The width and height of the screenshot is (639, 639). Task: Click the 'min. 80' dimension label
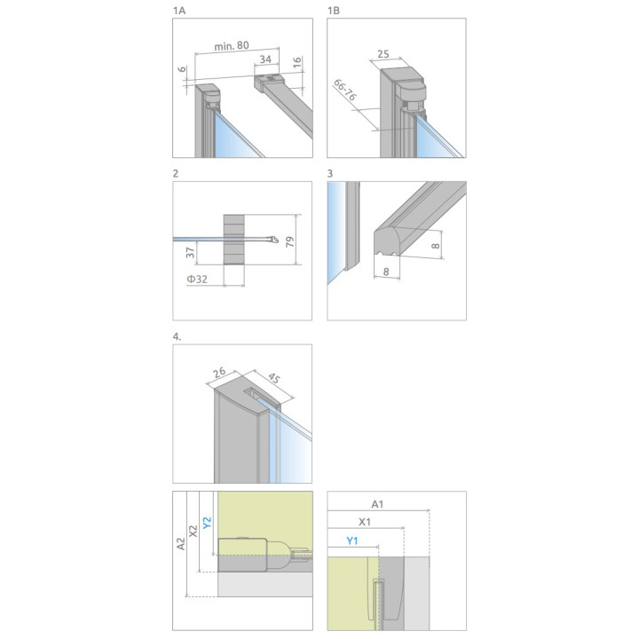(x=232, y=45)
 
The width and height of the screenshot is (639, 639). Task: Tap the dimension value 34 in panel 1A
(x=265, y=59)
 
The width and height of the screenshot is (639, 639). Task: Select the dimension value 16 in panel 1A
(x=297, y=62)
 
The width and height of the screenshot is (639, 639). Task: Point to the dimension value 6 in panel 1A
(x=182, y=69)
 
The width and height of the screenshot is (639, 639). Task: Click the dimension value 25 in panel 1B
(x=383, y=54)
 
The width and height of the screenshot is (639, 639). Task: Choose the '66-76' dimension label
(x=344, y=90)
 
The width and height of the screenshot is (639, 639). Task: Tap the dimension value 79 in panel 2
(x=289, y=241)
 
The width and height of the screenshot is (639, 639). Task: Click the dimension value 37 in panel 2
(x=190, y=253)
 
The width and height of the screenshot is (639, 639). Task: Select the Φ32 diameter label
(x=197, y=280)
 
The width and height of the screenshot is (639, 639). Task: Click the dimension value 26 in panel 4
(x=219, y=373)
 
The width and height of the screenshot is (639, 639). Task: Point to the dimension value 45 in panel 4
(x=273, y=378)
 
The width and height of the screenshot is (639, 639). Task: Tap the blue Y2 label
(x=207, y=523)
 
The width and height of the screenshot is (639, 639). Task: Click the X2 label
(x=193, y=531)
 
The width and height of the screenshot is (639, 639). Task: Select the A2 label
(x=181, y=544)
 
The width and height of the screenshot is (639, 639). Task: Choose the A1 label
(x=377, y=504)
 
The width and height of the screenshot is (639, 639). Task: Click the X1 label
(x=365, y=522)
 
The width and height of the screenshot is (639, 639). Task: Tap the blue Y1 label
(x=352, y=540)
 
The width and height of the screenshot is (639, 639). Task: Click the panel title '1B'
(x=334, y=11)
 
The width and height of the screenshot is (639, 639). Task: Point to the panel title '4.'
(x=177, y=336)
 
